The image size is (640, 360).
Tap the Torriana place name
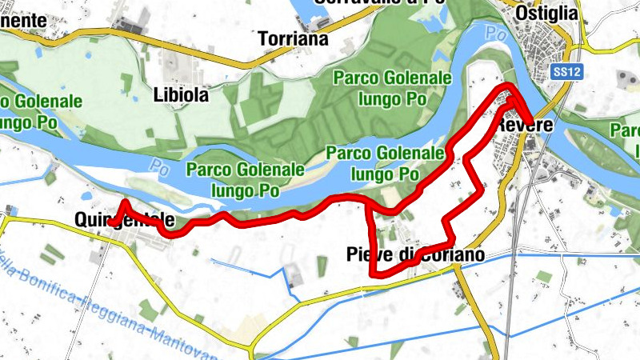pyautogui.click(x=294, y=38)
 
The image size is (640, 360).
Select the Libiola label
pyautogui.click(x=180, y=95)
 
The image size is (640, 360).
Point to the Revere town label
pyautogui.click(x=521, y=126)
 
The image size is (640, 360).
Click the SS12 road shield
pyautogui.click(x=566, y=72)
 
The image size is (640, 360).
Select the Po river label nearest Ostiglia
pyautogui.click(x=495, y=34)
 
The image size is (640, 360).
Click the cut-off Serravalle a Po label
pyautogui.click(x=368, y=2)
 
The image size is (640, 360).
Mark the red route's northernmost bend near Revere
pyautogui.click(x=508, y=86)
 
